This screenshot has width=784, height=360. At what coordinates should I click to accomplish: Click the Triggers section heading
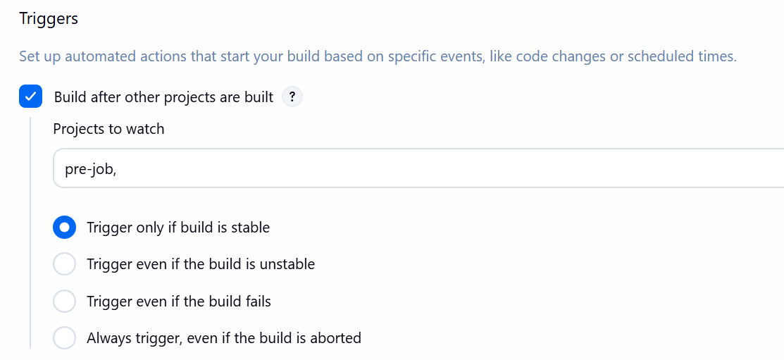[x=49, y=19]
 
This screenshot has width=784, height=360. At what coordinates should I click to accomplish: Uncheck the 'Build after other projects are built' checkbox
[x=30, y=97]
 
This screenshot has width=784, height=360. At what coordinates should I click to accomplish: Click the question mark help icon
[x=292, y=97]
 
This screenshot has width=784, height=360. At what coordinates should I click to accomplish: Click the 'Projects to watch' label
[x=108, y=129]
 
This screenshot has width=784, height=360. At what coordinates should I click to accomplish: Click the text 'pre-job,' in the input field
[x=90, y=170]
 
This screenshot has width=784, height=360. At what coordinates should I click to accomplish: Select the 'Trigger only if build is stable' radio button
[x=65, y=228]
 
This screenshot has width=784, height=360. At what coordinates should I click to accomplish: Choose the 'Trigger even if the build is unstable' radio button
[x=65, y=264]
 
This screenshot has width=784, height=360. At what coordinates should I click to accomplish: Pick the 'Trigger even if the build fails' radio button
[x=65, y=302]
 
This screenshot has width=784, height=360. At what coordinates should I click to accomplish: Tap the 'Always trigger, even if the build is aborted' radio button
[x=65, y=338]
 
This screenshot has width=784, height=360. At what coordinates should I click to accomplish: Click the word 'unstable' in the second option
[x=287, y=263]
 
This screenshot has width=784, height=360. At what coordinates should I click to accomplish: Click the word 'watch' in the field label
[x=145, y=129]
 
